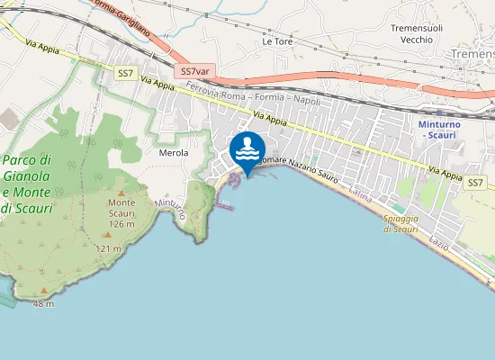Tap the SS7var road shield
[195, 71]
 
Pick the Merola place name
[174, 153]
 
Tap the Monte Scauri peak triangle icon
[121, 191]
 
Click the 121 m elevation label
[109, 248]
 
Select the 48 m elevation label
[43, 304]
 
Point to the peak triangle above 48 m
[43, 292]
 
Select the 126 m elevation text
[121, 225]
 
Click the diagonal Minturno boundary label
[170, 211]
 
